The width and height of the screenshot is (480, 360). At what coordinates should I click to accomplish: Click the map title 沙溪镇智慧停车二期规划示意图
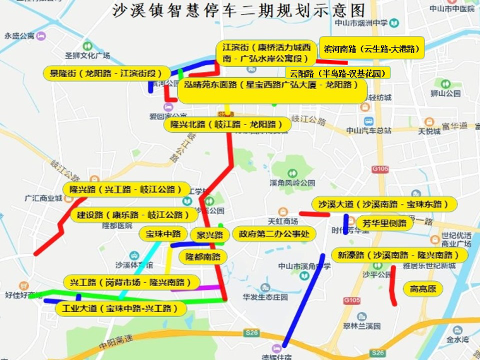[239, 11]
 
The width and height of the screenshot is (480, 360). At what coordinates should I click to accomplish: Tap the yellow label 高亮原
[423, 289]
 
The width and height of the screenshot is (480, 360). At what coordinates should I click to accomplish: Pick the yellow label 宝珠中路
[163, 234]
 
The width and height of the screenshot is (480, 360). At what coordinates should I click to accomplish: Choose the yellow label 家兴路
[210, 234]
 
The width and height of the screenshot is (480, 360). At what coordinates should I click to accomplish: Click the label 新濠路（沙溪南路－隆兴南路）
[399, 255]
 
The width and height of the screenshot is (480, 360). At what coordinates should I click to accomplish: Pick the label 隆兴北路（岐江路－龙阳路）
[228, 124]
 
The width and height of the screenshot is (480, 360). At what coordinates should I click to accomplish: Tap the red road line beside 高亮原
[392, 286]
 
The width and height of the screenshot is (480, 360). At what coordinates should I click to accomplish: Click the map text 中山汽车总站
[368, 131]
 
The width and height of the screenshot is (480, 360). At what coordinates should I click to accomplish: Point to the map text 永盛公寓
[19, 35]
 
